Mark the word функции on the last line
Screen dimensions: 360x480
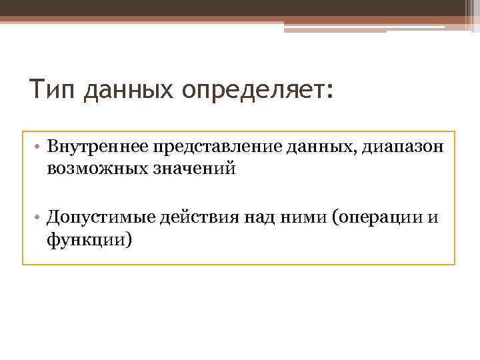click(87, 239)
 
